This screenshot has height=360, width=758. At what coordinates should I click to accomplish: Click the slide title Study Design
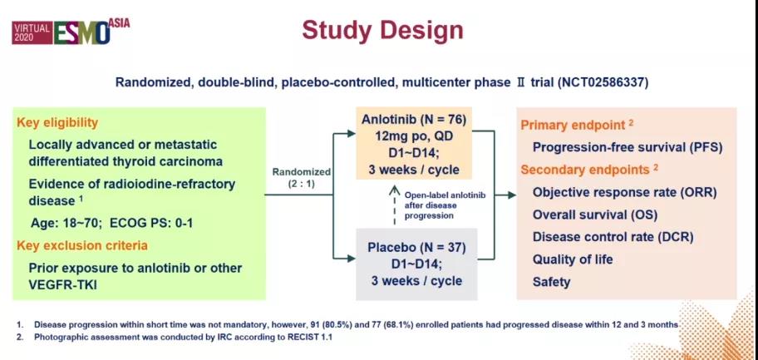[382, 31]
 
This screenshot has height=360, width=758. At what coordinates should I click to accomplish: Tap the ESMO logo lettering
[81, 32]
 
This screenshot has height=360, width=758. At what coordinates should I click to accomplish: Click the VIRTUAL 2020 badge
[32, 32]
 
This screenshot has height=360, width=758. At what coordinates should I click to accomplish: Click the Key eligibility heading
[57, 123]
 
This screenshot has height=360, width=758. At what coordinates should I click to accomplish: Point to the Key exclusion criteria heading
[82, 246]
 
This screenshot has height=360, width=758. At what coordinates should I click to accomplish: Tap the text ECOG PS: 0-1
[151, 224]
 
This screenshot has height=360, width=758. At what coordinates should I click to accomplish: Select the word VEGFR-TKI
[63, 285]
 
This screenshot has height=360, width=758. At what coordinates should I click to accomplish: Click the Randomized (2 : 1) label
[301, 178]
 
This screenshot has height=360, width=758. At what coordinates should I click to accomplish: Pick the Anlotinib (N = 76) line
[414, 120]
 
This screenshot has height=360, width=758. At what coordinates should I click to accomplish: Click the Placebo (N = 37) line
[416, 248]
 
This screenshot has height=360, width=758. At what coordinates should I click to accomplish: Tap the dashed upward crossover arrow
[395, 205]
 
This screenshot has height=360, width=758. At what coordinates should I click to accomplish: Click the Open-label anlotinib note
[445, 205]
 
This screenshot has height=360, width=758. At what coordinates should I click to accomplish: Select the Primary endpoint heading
[577, 126]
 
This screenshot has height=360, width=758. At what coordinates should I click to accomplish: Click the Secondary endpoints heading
[589, 170]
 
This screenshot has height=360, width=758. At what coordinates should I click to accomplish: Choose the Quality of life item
[573, 259]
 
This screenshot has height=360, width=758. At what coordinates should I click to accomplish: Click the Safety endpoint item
[552, 282]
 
